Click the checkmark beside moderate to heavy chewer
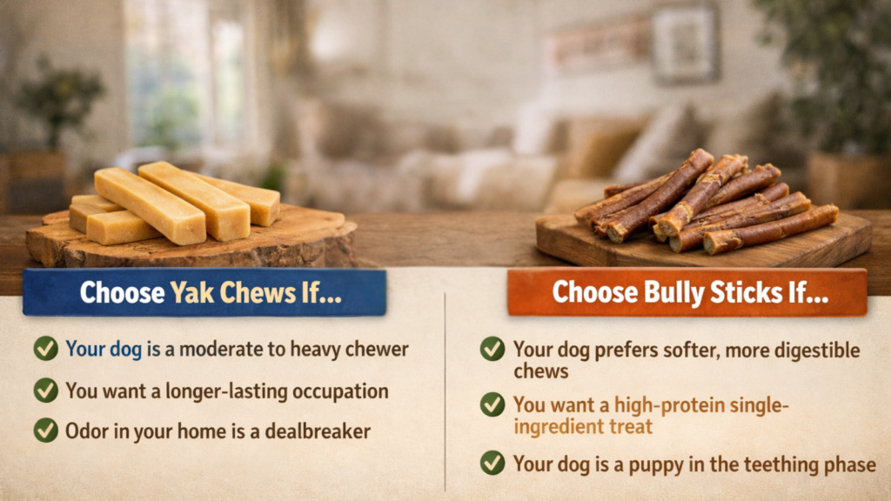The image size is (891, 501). (45, 348)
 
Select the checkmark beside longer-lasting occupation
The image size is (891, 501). (45, 391)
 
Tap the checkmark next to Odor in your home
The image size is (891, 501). (45, 430)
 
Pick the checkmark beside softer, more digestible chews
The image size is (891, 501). (492, 349)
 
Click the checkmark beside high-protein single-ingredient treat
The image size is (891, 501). (492, 404)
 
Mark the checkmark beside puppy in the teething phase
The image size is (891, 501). (492, 463)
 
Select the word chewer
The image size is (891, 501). (377, 349)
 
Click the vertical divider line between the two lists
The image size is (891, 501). (445, 392)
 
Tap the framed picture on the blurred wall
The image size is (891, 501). (685, 43)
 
